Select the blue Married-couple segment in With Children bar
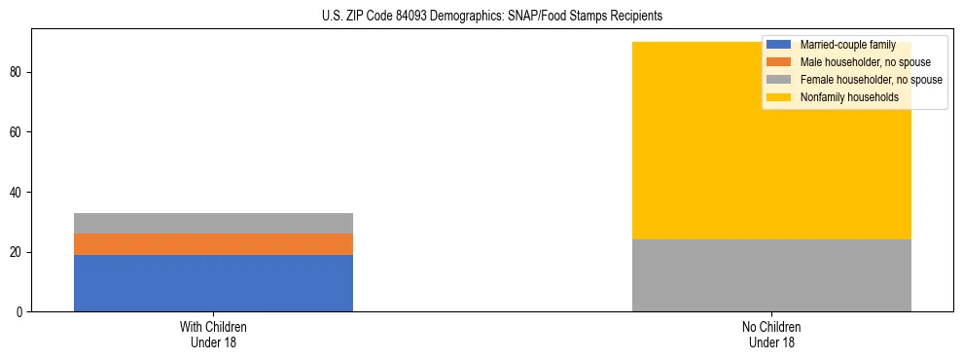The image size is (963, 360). tap(213, 282)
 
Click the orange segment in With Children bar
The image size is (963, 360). tap(213, 244)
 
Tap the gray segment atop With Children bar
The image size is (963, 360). tap(213, 223)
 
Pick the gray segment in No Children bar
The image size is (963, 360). tap(771, 275)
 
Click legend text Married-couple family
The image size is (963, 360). tap(847, 45)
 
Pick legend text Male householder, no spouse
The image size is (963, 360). tap(861, 62)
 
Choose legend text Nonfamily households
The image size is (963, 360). tap(849, 97)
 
